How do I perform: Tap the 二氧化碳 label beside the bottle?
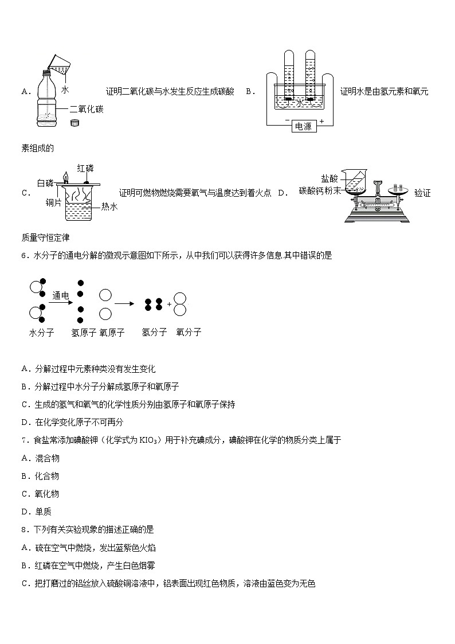click(x=87, y=109)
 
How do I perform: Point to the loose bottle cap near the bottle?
click(x=74, y=123)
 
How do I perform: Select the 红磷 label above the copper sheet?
click(x=85, y=168)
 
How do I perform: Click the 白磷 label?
click(x=45, y=183)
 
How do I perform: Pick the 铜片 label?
click(x=54, y=202)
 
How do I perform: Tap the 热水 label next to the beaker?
click(x=109, y=206)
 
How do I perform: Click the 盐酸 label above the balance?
click(x=330, y=178)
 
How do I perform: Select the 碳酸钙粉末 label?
click(x=320, y=190)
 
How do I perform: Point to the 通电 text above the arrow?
click(x=61, y=295)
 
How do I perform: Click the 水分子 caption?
click(x=41, y=332)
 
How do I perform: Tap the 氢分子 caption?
click(x=154, y=332)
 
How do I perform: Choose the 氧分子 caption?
click(x=189, y=332)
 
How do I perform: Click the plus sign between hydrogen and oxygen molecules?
click(x=169, y=304)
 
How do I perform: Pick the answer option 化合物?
click(x=47, y=476)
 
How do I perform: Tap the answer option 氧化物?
click(x=47, y=494)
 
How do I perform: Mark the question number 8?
click(x=24, y=530)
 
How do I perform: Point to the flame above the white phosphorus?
click(x=65, y=176)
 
